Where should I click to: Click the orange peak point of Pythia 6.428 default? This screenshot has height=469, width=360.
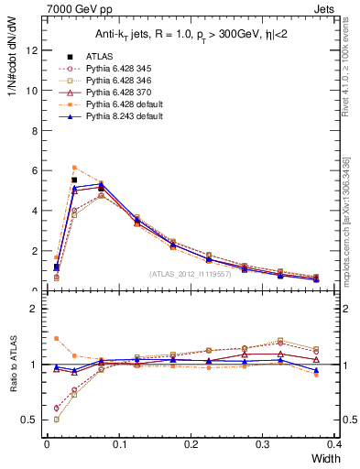click(74, 168)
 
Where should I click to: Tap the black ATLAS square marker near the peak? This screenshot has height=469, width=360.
click(74, 180)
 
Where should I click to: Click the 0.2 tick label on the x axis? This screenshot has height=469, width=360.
click(191, 443)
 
